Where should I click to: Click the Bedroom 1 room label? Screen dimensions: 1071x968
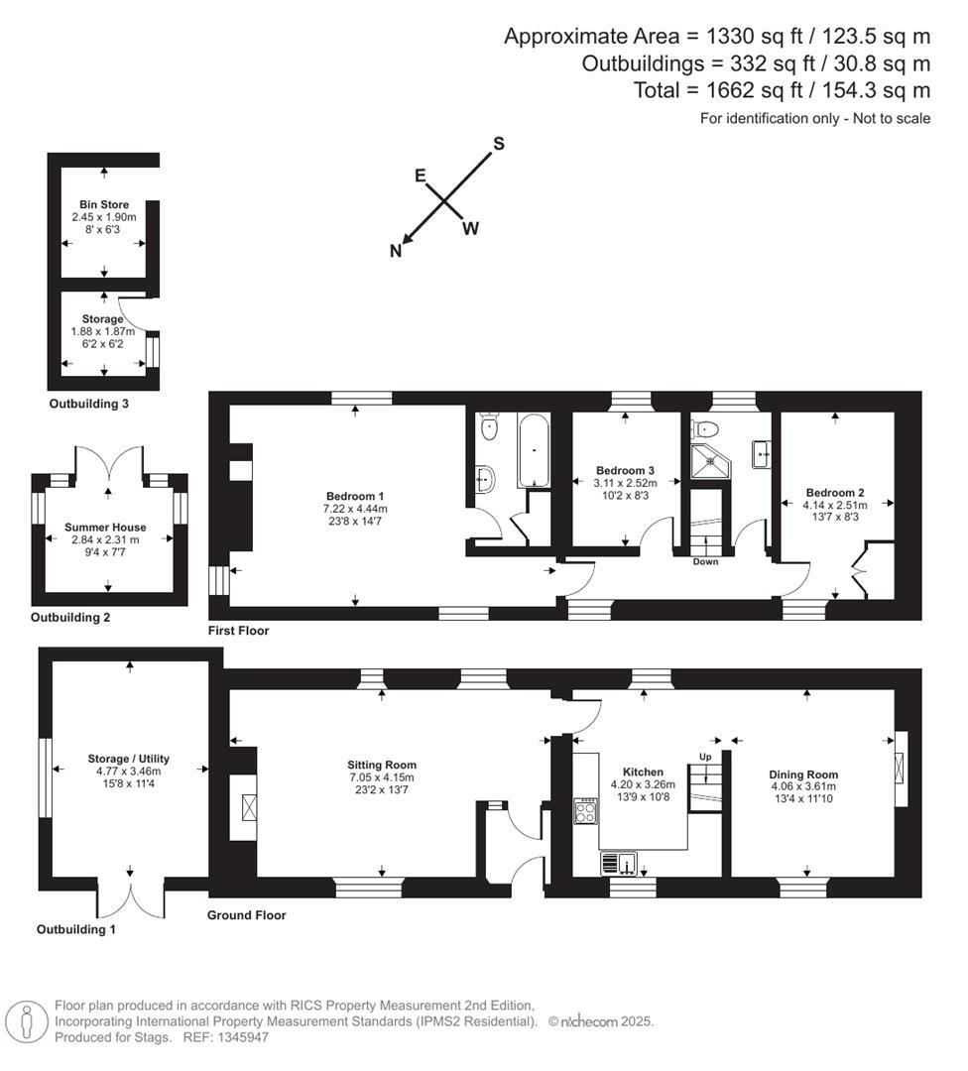(x=354, y=496)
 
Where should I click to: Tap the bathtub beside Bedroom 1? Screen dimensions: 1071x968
(x=534, y=451)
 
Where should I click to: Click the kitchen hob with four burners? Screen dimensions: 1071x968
(x=585, y=811)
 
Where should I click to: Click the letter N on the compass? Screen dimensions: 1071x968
(x=396, y=251)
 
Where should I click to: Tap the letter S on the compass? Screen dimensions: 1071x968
(x=499, y=144)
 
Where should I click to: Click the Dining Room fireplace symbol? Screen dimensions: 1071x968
(x=900, y=769)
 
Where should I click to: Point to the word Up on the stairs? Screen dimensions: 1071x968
(x=705, y=756)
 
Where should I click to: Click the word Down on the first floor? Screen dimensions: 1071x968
(x=706, y=561)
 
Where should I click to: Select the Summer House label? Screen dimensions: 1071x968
(x=105, y=527)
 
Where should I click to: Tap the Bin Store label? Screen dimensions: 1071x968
(x=104, y=204)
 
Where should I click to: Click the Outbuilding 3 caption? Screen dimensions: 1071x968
(x=89, y=404)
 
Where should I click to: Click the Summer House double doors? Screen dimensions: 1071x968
(x=109, y=463)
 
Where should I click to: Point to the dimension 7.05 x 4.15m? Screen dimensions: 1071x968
(x=381, y=778)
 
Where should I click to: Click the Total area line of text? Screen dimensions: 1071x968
(x=782, y=91)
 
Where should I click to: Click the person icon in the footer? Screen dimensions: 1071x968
(x=26, y=1021)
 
